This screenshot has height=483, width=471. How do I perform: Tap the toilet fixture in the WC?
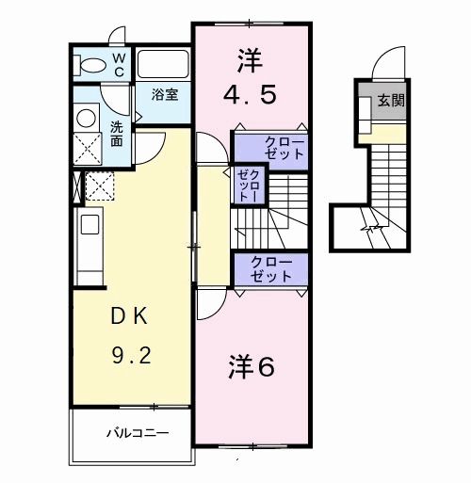tap(92, 64)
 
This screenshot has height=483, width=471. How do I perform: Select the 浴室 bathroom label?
tap(166, 94)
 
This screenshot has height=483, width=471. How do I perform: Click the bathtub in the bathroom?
tap(164, 64)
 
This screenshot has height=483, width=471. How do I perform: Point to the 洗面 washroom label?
tap(117, 134)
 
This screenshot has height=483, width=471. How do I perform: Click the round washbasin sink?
tap(86, 118)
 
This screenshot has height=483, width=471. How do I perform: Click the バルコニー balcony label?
tap(136, 434)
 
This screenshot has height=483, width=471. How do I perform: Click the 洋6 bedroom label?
tap(251, 367)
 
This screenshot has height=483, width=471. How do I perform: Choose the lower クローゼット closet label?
tap(271, 269)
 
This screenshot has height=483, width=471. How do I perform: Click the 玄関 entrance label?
tap(392, 101)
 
